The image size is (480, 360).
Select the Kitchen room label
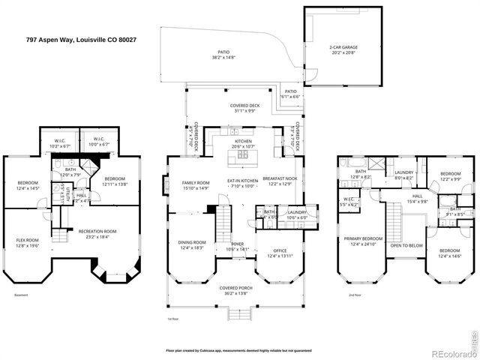pyautogui.click(x=243, y=144)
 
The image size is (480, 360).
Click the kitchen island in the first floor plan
pyautogui.click(x=244, y=156)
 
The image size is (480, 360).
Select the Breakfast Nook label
pyautogui.click(x=280, y=181)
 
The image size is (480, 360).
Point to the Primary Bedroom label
pyautogui.click(x=363, y=241)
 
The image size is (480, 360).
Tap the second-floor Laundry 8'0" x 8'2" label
pyautogui.click(x=405, y=175)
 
